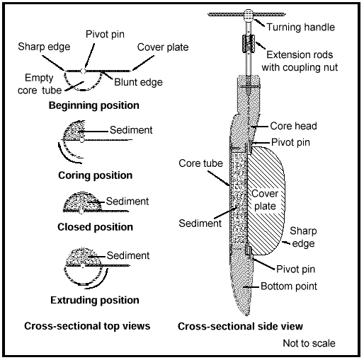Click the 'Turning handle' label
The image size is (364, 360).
coord(300,27)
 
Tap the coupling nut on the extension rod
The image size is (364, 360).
coord(249,44)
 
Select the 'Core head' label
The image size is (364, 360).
coord(293,126)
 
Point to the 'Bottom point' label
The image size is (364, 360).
coord(289,286)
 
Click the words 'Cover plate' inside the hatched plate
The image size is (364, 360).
coord(265,199)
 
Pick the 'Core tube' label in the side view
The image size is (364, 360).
coord(200,163)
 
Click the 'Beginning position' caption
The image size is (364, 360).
coord(94,105)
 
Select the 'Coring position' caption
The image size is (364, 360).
coord(95,175)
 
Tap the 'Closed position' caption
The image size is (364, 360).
coord(95,227)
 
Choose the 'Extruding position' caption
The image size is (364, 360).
coord(95,300)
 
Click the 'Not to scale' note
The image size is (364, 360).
coord(309,343)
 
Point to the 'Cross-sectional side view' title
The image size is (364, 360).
coord(240,326)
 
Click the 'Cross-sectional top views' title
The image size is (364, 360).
coord(87,326)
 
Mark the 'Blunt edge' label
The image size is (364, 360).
coord(138,82)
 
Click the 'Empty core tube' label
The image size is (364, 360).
coord(40,84)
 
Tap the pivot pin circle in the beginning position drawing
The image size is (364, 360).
coord(83,71)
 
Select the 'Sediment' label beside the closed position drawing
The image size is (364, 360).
coord(127,202)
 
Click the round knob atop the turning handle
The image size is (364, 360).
coord(249,14)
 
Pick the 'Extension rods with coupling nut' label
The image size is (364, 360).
coord(300,61)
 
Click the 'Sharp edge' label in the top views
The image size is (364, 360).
coord(44,47)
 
